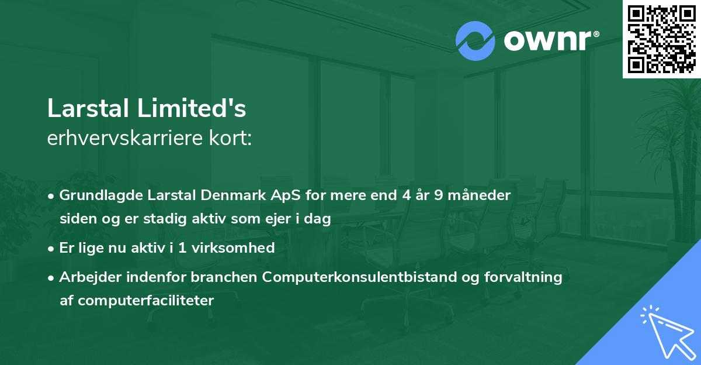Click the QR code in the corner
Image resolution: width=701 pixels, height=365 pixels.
click(661, 39)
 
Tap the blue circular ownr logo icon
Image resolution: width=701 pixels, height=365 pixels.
click(476, 40)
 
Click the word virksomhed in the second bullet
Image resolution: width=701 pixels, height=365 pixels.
click(240, 248)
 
